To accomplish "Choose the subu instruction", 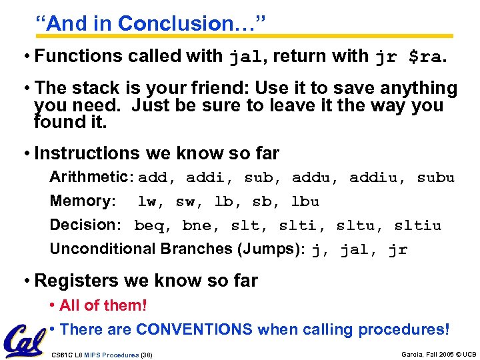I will click(x=435, y=178).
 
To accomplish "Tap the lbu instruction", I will click(x=305, y=202).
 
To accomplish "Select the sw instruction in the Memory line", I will click(x=185, y=202).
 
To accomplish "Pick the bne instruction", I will click(x=197, y=226).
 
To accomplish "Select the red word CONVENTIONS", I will click(x=194, y=329).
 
